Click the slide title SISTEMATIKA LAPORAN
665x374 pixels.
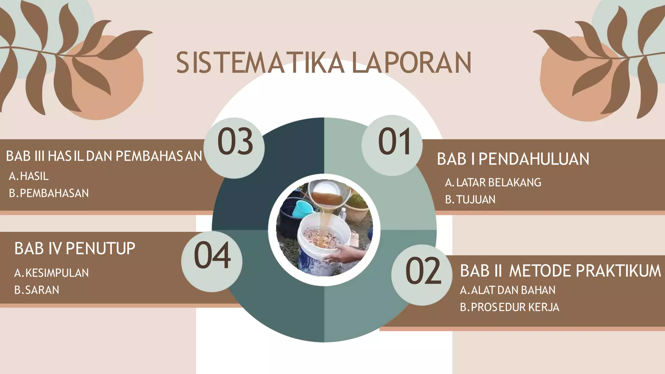(x=323, y=62)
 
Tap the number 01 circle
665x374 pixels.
(x=392, y=145)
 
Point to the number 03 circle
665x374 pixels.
(x=234, y=148)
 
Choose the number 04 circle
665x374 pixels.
(x=212, y=261)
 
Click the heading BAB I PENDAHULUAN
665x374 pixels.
(x=513, y=159)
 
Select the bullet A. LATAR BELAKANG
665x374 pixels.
(x=493, y=182)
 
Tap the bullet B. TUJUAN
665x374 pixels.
(x=470, y=200)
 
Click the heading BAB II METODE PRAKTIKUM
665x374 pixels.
(x=560, y=271)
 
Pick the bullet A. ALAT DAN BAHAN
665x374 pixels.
(x=508, y=290)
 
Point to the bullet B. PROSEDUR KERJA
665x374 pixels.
(x=509, y=307)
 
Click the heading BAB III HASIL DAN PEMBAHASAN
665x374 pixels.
(x=104, y=156)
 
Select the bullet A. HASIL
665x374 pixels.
(x=29, y=176)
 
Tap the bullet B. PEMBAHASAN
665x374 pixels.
(x=49, y=193)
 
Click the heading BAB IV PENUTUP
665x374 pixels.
(x=75, y=249)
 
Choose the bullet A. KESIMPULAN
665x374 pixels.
(x=51, y=273)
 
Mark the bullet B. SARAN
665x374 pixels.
(x=37, y=290)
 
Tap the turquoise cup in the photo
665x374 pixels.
(x=301, y=209)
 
